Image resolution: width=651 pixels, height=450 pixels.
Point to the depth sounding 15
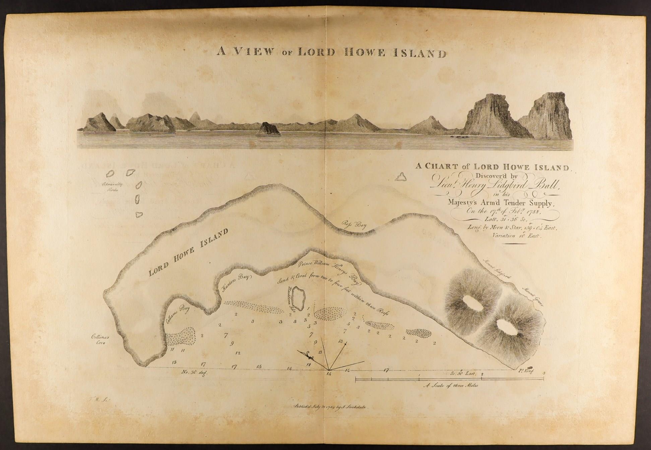point(259,367)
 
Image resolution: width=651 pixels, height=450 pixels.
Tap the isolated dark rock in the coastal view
point(268,129)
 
